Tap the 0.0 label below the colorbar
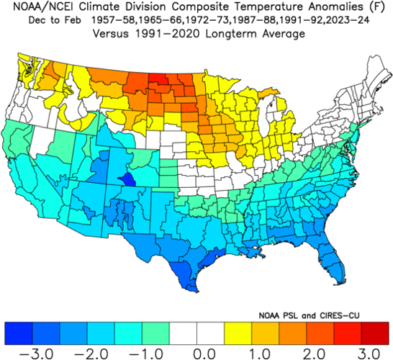(x=196, y=354)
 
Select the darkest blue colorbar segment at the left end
(x=18, y=332)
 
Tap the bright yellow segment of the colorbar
(x=238, y=332)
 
